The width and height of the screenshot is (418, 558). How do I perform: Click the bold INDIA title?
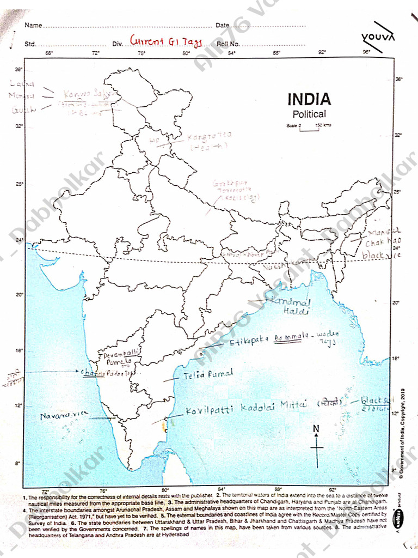click(x=309, y=100)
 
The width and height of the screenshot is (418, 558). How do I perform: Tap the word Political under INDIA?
click(x=309, y=114)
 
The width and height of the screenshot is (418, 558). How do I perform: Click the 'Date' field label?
click(x=222, y=26)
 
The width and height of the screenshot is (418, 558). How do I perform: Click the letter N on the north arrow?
click(x=316, y=429)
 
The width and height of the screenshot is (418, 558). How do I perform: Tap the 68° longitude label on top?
click(x=48, y=53)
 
